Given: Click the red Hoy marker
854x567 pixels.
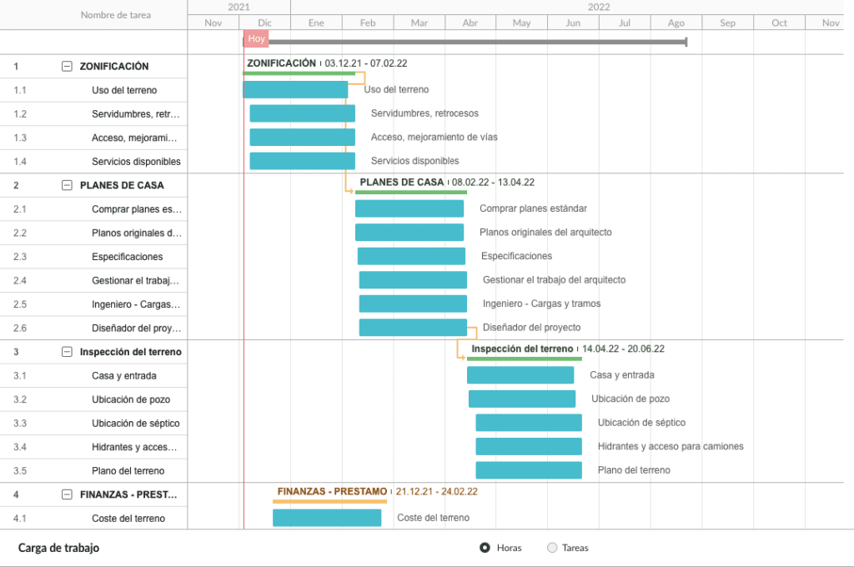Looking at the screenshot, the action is (x=256, y=38).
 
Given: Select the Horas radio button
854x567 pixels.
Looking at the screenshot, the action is (x=485, y=548).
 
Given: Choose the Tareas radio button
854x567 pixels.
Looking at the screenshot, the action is (x=552, y=548).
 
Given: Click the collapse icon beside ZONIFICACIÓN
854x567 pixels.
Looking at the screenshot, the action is (x=67, y=67).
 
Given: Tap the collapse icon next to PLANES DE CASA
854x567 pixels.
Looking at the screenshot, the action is (x=67, y=185).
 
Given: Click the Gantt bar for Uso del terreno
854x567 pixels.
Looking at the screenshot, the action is (x=295, y=90).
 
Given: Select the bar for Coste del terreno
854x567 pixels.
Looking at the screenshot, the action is (x=327, y=518).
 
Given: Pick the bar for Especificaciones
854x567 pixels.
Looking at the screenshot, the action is (x=411, y=256).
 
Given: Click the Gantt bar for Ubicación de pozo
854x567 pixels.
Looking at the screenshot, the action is (x=522, y=399).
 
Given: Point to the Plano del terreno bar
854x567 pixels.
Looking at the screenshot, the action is (x=529, y=470).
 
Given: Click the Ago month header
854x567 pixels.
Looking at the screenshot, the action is (x=676, y=23).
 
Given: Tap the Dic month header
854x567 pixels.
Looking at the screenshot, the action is (x=264, y=23).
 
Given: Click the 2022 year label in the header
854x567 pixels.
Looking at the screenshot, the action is (x=599, y=7).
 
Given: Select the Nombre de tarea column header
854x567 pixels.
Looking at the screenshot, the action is (x=116, y=15).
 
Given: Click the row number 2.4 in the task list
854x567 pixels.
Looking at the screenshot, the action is (x=20, y=280).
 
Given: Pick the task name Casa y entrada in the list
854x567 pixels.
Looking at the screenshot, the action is (x=124, y=376).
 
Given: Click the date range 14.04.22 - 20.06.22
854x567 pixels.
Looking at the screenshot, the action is (x=623, y=349).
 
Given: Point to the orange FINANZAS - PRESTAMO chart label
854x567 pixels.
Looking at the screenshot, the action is (x=332, y=491).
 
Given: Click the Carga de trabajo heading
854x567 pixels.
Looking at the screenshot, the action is (x=59, y=548).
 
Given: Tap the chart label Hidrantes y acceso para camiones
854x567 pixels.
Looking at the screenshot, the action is (x=671, y=446).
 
